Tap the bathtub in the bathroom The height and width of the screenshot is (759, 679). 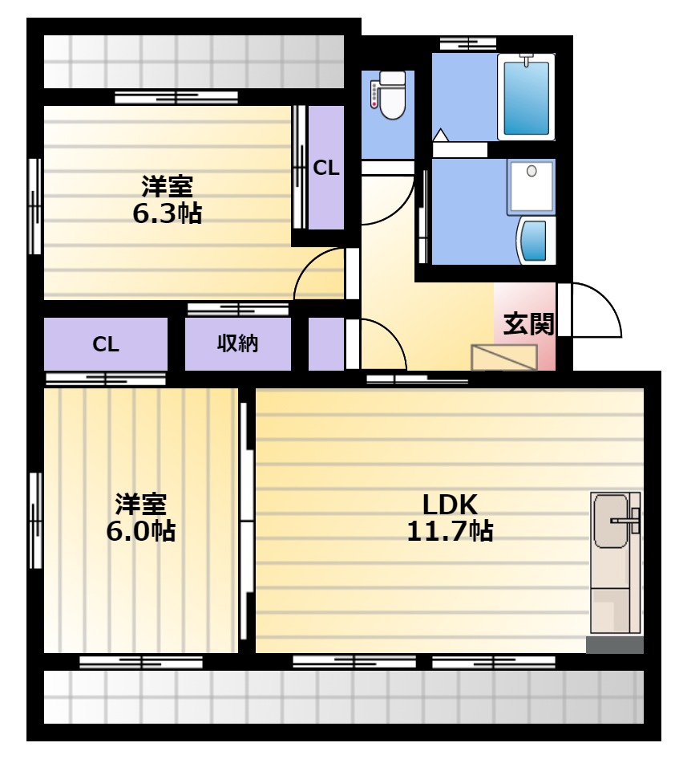[x=526, y=97]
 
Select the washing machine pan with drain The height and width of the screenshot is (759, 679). [x=531, y=187]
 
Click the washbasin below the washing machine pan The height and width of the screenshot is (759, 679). [x=536, y=241]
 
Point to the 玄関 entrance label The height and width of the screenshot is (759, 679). [x=528, y=324]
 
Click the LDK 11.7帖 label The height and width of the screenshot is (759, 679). [x=450, y=517]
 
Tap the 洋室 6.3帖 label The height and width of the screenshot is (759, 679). [x=167, y=200]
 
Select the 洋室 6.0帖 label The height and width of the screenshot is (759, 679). [x=141, y=517]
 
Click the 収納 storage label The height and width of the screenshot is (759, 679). [x=237, y=343]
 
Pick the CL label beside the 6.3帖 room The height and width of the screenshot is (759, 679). [x=326, y=168]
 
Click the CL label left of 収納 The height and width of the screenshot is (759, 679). [x=106, y=344]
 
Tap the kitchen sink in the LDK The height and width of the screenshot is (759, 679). [x=610, y=521]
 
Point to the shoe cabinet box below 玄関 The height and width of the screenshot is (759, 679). [x=504, y=358]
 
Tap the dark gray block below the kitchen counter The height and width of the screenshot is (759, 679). [x=615, y=645]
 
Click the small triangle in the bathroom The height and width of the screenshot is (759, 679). [x=441, y=135]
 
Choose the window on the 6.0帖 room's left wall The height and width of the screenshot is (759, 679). [x=35, y=521]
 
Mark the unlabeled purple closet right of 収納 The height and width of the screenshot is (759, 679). [x=326, y=344]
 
